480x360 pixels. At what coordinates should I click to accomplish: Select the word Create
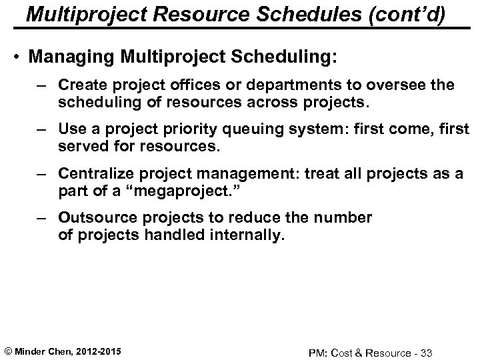(x=79, y=85)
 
